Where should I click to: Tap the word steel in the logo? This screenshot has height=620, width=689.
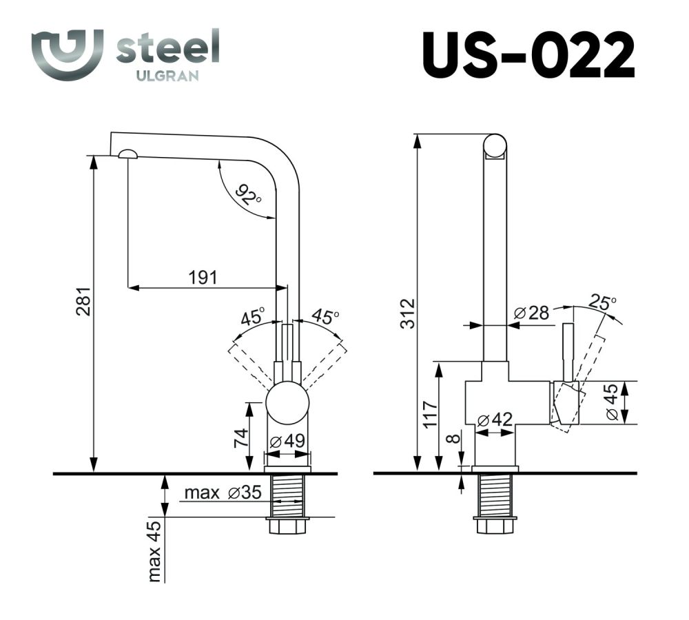tap(167, 48)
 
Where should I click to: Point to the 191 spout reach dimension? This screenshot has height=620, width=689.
tap(203, 277)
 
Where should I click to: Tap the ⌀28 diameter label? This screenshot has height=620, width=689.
tap(531, 313)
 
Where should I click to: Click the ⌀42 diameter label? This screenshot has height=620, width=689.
tap(494, 419)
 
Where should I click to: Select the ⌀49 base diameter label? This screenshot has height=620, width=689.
tap(287, 441)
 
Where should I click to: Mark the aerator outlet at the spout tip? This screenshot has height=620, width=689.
tap(128, 155)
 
